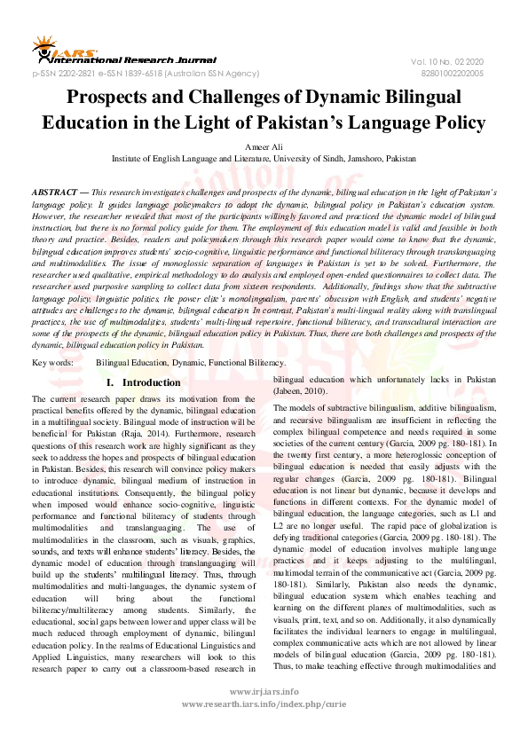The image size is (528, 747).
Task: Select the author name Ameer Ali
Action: pyautogui.click(x=264, y=145)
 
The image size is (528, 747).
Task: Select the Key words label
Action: pyautogui.click(x=52, y=363)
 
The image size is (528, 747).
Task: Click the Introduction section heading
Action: pyautogui.click(x=151, y=382)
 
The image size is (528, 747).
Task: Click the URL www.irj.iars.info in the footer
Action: pyautogui.click(x=263, y=714)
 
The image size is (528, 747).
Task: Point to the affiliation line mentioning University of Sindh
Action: pyautogui.click(x=264, y=158)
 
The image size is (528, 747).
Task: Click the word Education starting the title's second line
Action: pyautogui.click(x=111, y=122)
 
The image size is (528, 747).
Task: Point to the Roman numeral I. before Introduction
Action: pyautogui.click(x=110, y=382)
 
